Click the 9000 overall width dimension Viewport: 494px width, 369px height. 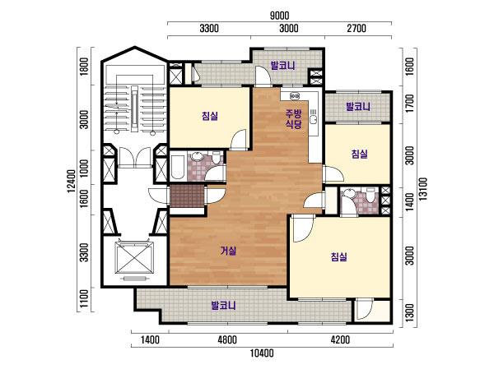[x=279, y=16]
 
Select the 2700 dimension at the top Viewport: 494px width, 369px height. [x=357, y=29]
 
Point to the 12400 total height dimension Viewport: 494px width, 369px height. [x=72, y=181]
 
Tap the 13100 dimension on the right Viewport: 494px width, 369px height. [x=423, y=189]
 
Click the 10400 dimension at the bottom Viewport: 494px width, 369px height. [x=262, y=353]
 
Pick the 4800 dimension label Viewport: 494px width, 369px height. [x=227, y=340]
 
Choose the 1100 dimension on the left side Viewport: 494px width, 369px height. [x=83, y=299]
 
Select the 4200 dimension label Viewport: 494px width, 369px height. [x=340, y=340]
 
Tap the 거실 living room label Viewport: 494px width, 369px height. [x=228, y=251]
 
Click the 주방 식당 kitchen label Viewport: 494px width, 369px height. [x=294, y=119]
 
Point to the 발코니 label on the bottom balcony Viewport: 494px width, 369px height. [x=223, y=305]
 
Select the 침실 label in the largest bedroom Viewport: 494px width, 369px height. [x=339, y=256]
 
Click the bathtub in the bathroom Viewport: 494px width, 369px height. [x=177, y=166]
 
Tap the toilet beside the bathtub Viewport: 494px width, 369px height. [x=216, y=157]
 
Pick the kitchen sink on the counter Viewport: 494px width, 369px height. [x=314, y=119]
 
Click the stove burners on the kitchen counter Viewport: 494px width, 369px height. [x=295, y=95]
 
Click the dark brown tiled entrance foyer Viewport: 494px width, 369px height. [x=187, y=196]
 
